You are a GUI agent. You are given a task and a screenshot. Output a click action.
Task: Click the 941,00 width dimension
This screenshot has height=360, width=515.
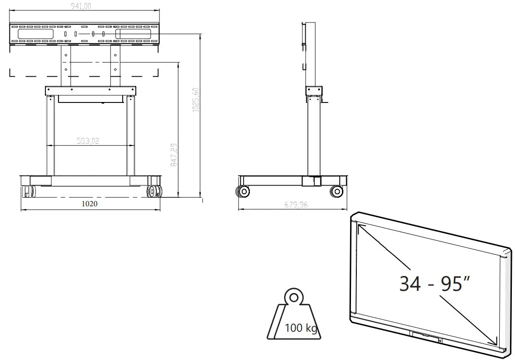tap(84, 6)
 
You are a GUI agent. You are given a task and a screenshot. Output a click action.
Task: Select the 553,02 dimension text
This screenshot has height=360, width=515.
tap(88, 141)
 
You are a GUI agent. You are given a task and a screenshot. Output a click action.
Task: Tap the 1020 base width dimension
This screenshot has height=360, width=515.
tap(89, 204)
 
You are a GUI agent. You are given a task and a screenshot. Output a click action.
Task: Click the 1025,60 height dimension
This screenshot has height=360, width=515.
tap(195, 100)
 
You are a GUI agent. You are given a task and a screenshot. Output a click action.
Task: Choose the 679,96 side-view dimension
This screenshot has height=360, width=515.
tap(296, 205)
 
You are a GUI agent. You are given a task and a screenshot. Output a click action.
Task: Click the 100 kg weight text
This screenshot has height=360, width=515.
tap(301, 328)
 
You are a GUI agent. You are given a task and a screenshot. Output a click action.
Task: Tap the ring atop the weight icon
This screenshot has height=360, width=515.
tap(294, 297)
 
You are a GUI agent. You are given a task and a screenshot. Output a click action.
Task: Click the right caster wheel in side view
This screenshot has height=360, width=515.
tap(336, 192)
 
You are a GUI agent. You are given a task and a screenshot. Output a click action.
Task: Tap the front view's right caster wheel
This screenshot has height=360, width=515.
tap(153, 191)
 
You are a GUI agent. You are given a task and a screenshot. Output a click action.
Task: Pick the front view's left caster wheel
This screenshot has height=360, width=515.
tap(28, 191)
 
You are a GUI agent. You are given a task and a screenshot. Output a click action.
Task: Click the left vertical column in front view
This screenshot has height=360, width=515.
tap(50, 135)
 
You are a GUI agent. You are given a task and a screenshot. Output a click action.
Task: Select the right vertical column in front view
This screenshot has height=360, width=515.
tap(130, 135)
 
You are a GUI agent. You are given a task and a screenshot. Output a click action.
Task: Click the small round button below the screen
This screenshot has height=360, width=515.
tap(440, 341)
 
